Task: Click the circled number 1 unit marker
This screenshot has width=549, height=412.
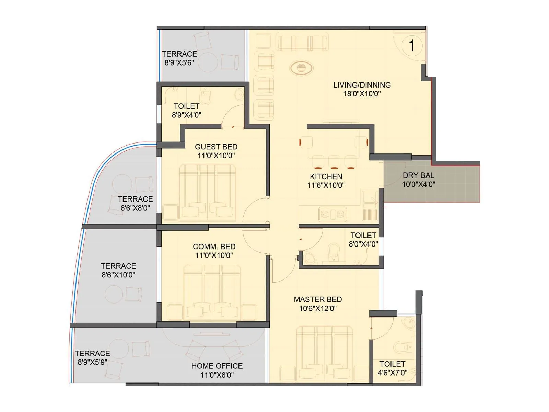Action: pos(411,45)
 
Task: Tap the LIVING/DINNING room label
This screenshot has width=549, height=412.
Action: pos(362,85)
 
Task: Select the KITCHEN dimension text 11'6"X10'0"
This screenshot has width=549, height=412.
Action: pos(326,185)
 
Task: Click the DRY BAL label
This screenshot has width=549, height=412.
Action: pos(418,175)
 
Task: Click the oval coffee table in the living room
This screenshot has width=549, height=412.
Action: pos(301,68)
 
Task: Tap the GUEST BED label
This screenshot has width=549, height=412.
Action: pos(216,147)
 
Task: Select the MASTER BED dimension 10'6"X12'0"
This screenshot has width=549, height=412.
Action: pos(318,308)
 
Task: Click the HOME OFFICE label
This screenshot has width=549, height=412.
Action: pos(217,366)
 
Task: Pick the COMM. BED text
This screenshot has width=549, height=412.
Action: pos(214,247)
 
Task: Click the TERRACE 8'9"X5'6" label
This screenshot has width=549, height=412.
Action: pos(179,58)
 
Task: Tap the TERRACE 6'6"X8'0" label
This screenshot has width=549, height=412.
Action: pos(135,203)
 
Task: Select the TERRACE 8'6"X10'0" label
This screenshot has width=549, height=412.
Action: pos(118,270)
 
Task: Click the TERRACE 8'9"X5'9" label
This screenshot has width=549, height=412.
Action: pos(92,357)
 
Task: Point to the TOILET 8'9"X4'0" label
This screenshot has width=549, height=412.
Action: pos(186,111)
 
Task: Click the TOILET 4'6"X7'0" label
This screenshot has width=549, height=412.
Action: pos(393,368)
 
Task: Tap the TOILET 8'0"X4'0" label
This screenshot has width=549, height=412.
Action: pos(363,240)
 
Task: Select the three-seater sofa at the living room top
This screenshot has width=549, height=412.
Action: pos(302,42)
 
